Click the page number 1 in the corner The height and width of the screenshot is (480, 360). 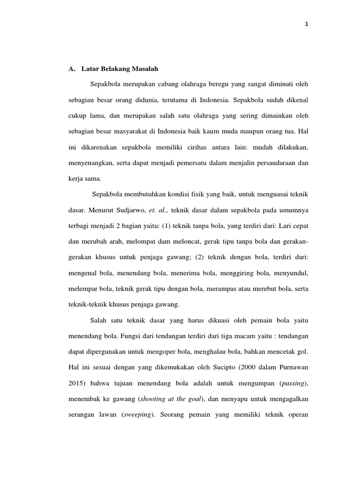(x=306, y=25)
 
